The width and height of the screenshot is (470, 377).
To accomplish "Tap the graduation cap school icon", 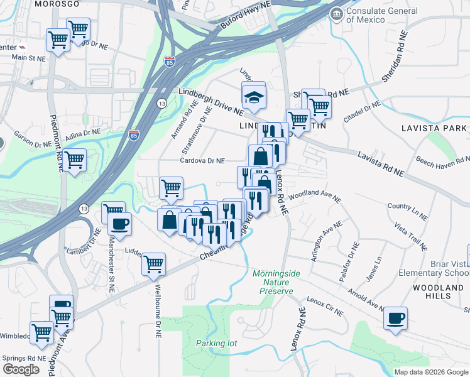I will pyautogui.click(x=254, y=97).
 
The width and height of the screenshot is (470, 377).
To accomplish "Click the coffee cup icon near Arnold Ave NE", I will pyautogui.click(x=395, y=318).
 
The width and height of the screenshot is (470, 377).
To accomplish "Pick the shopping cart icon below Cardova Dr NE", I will pyautogui.click(x=171, y=187).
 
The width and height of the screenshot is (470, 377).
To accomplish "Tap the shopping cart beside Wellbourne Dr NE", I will pyautogui.click(x=153, y=264).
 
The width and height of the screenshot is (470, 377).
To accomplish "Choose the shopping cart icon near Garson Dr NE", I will pyautogui.click(x=74, y=160).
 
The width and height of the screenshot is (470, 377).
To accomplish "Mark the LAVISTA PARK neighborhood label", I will pyautogui.click(x=434, y=128).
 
